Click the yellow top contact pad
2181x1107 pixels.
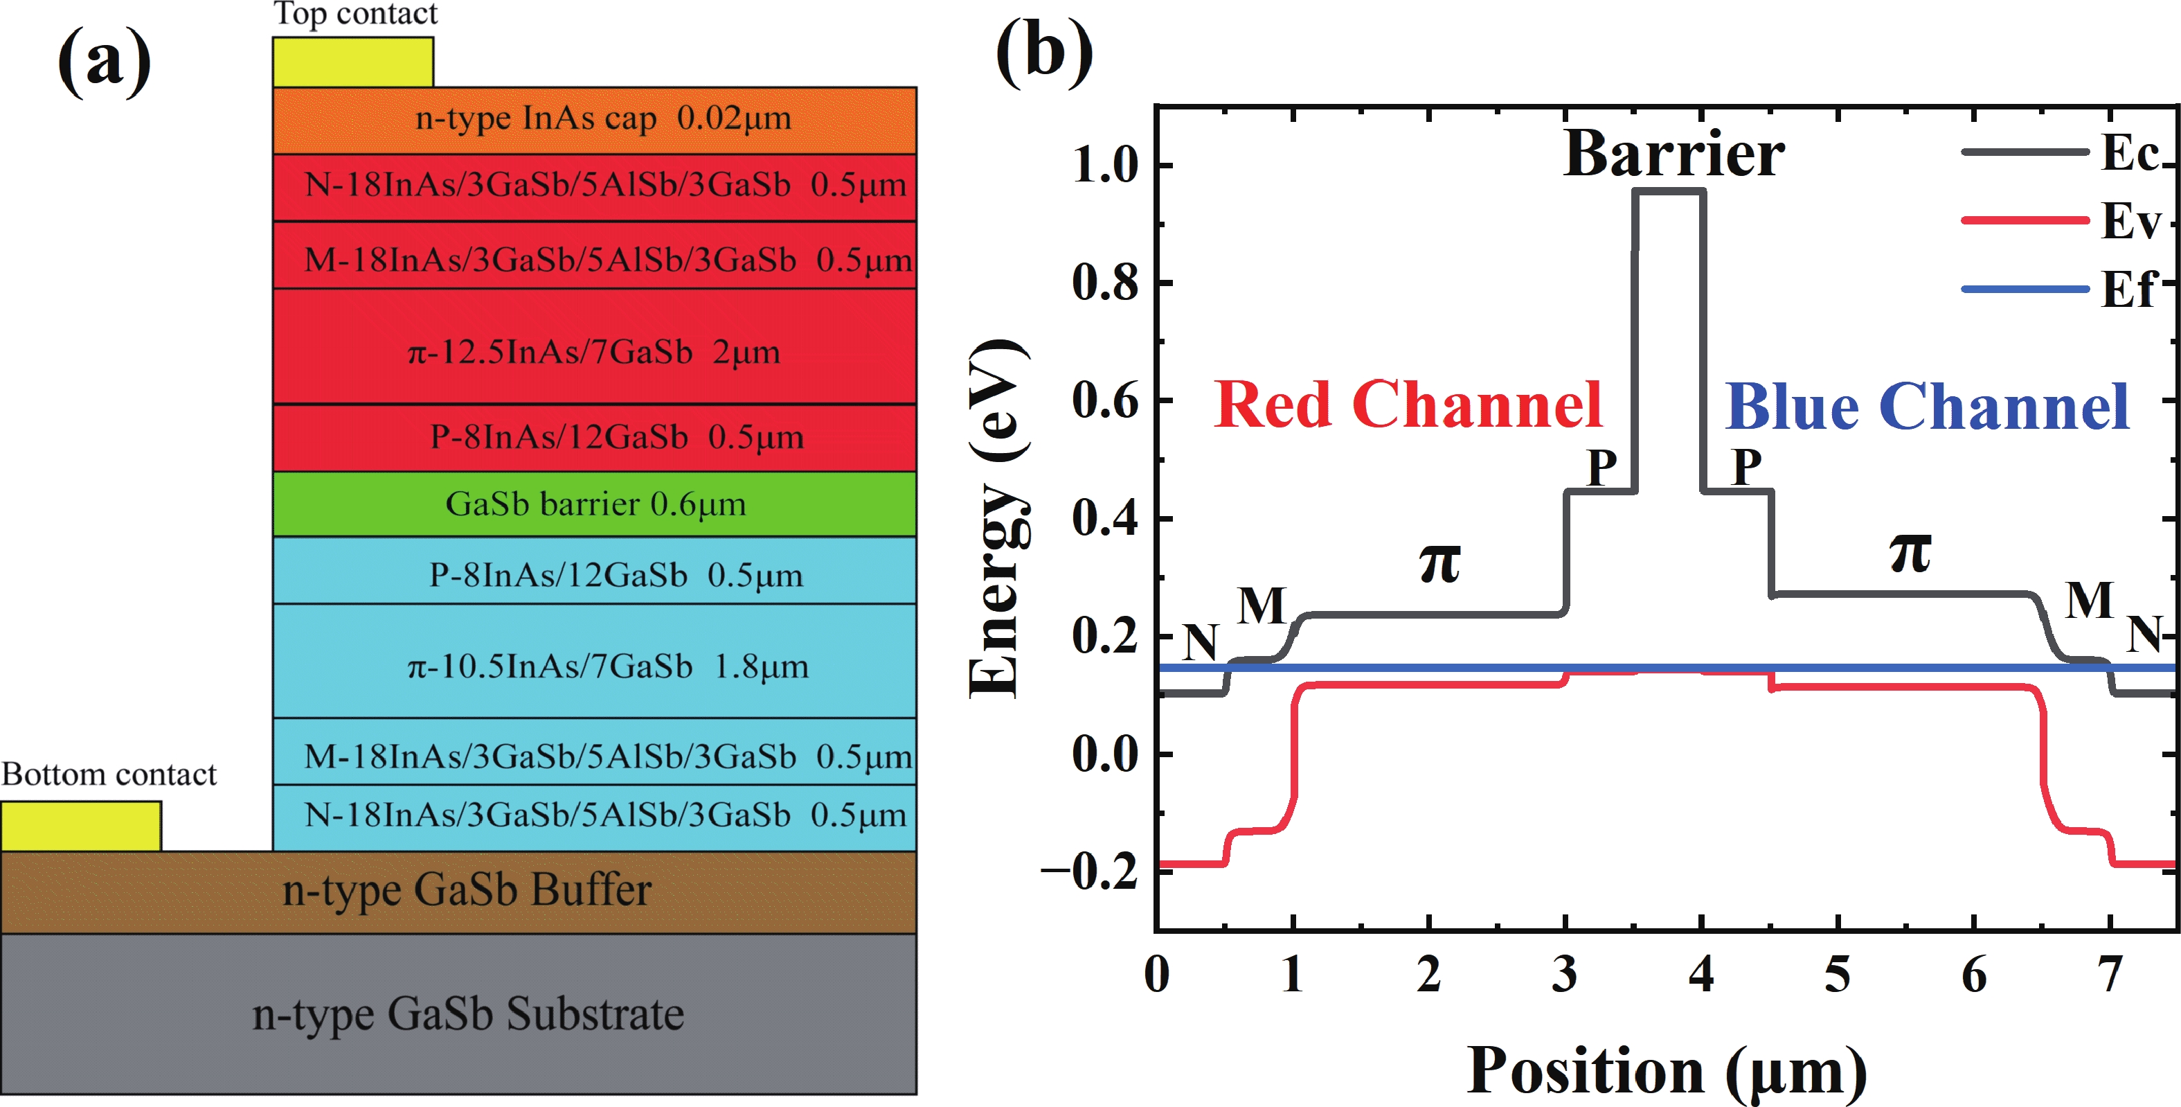coord(353,62)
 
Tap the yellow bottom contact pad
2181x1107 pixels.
coord(81,826)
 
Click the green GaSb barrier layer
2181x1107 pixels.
coord(594,504)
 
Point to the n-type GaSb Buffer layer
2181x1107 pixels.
coord(459,892)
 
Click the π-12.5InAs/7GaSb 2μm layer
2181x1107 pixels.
coord(594,346)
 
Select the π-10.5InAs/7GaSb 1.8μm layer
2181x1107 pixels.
coord(594,661)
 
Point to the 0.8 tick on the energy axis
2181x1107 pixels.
coord(1106,282)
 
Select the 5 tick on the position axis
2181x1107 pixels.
coord(1838,974)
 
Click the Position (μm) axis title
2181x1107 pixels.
coord(1667,1072)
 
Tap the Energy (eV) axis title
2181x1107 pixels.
coord(997,518)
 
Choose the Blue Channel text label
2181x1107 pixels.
coord(1927,407)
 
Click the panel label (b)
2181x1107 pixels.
coord(1044,52)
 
